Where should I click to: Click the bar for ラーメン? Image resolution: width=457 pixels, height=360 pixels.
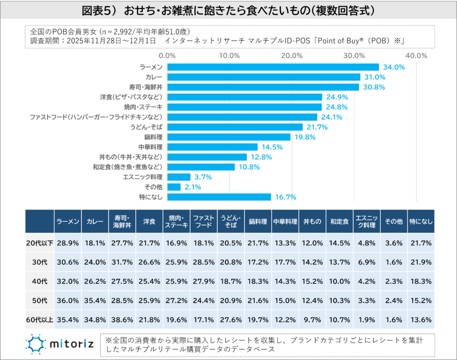pyautogui.click(x=273, y=67)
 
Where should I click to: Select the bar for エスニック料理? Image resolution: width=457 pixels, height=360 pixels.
pyautogui.click(x=179, y=177)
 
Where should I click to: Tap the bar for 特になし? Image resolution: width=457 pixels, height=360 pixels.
pyautogui.click(x=219, y=197)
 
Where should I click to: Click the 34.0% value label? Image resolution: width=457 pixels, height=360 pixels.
pyautogui.click(x=393, y=67)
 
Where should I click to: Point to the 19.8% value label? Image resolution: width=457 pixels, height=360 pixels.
pyautogui.click(x=305, y=137)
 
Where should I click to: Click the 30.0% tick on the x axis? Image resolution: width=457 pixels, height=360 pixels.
pyautogui.click(x=355, y=56)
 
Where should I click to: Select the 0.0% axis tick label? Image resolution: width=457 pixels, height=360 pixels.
pyautogui.click(x=168, y=56)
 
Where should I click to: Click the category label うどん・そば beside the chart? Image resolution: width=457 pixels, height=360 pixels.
pyautogui.click(x=146, y=127)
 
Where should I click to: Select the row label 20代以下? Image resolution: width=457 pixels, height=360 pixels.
pyautogui.click(x=39, y=243)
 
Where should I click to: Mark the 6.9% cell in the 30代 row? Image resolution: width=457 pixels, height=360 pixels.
pyautogui.click(x=366, y=262)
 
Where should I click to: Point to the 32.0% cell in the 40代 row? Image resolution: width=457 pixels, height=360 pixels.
pyautogui.click(x=67, y=281)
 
